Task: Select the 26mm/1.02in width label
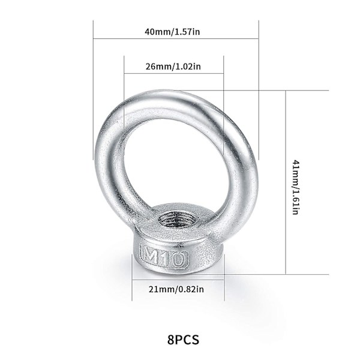pos(173,67)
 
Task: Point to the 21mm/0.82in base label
pos(178,289)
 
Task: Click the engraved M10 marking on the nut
pos(163,257)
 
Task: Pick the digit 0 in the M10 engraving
pos(179,259)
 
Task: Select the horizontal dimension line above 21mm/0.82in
pos(178,280)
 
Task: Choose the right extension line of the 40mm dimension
pos(258,90)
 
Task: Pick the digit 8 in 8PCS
pos(172,340)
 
